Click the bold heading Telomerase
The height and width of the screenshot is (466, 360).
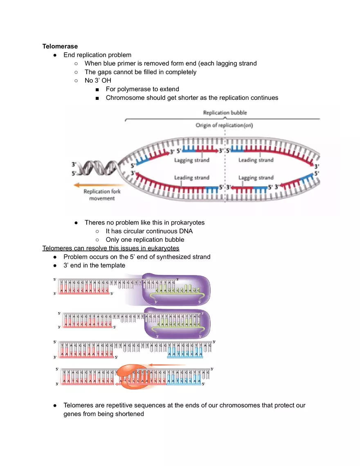[60, 47]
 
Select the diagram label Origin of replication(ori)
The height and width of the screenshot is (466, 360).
[224, 125]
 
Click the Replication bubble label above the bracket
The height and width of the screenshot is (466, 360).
[225, 113]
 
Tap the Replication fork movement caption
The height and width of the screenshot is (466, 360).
[102, 195]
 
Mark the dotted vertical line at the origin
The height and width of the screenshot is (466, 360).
[224, 164]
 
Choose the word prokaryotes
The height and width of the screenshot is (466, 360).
[185, 223]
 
